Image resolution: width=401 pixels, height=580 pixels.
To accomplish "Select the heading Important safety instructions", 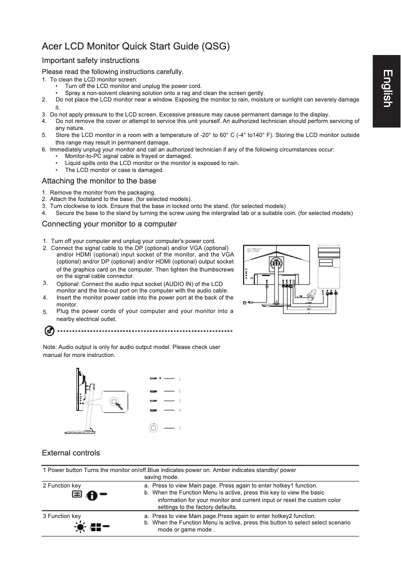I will (x=90, y=60).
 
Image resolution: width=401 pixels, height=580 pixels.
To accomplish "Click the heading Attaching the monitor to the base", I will (x=99, y=181).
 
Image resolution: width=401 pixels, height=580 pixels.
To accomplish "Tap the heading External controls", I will (x=70, y=453).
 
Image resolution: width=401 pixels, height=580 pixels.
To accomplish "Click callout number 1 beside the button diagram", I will (x=179, y=378).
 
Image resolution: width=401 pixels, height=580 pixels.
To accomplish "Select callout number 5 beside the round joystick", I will (x=179, y=428).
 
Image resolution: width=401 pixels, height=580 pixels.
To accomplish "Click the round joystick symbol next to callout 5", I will (x=153, y=427).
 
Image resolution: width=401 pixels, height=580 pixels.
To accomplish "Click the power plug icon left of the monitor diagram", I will (x=245, y=302).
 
